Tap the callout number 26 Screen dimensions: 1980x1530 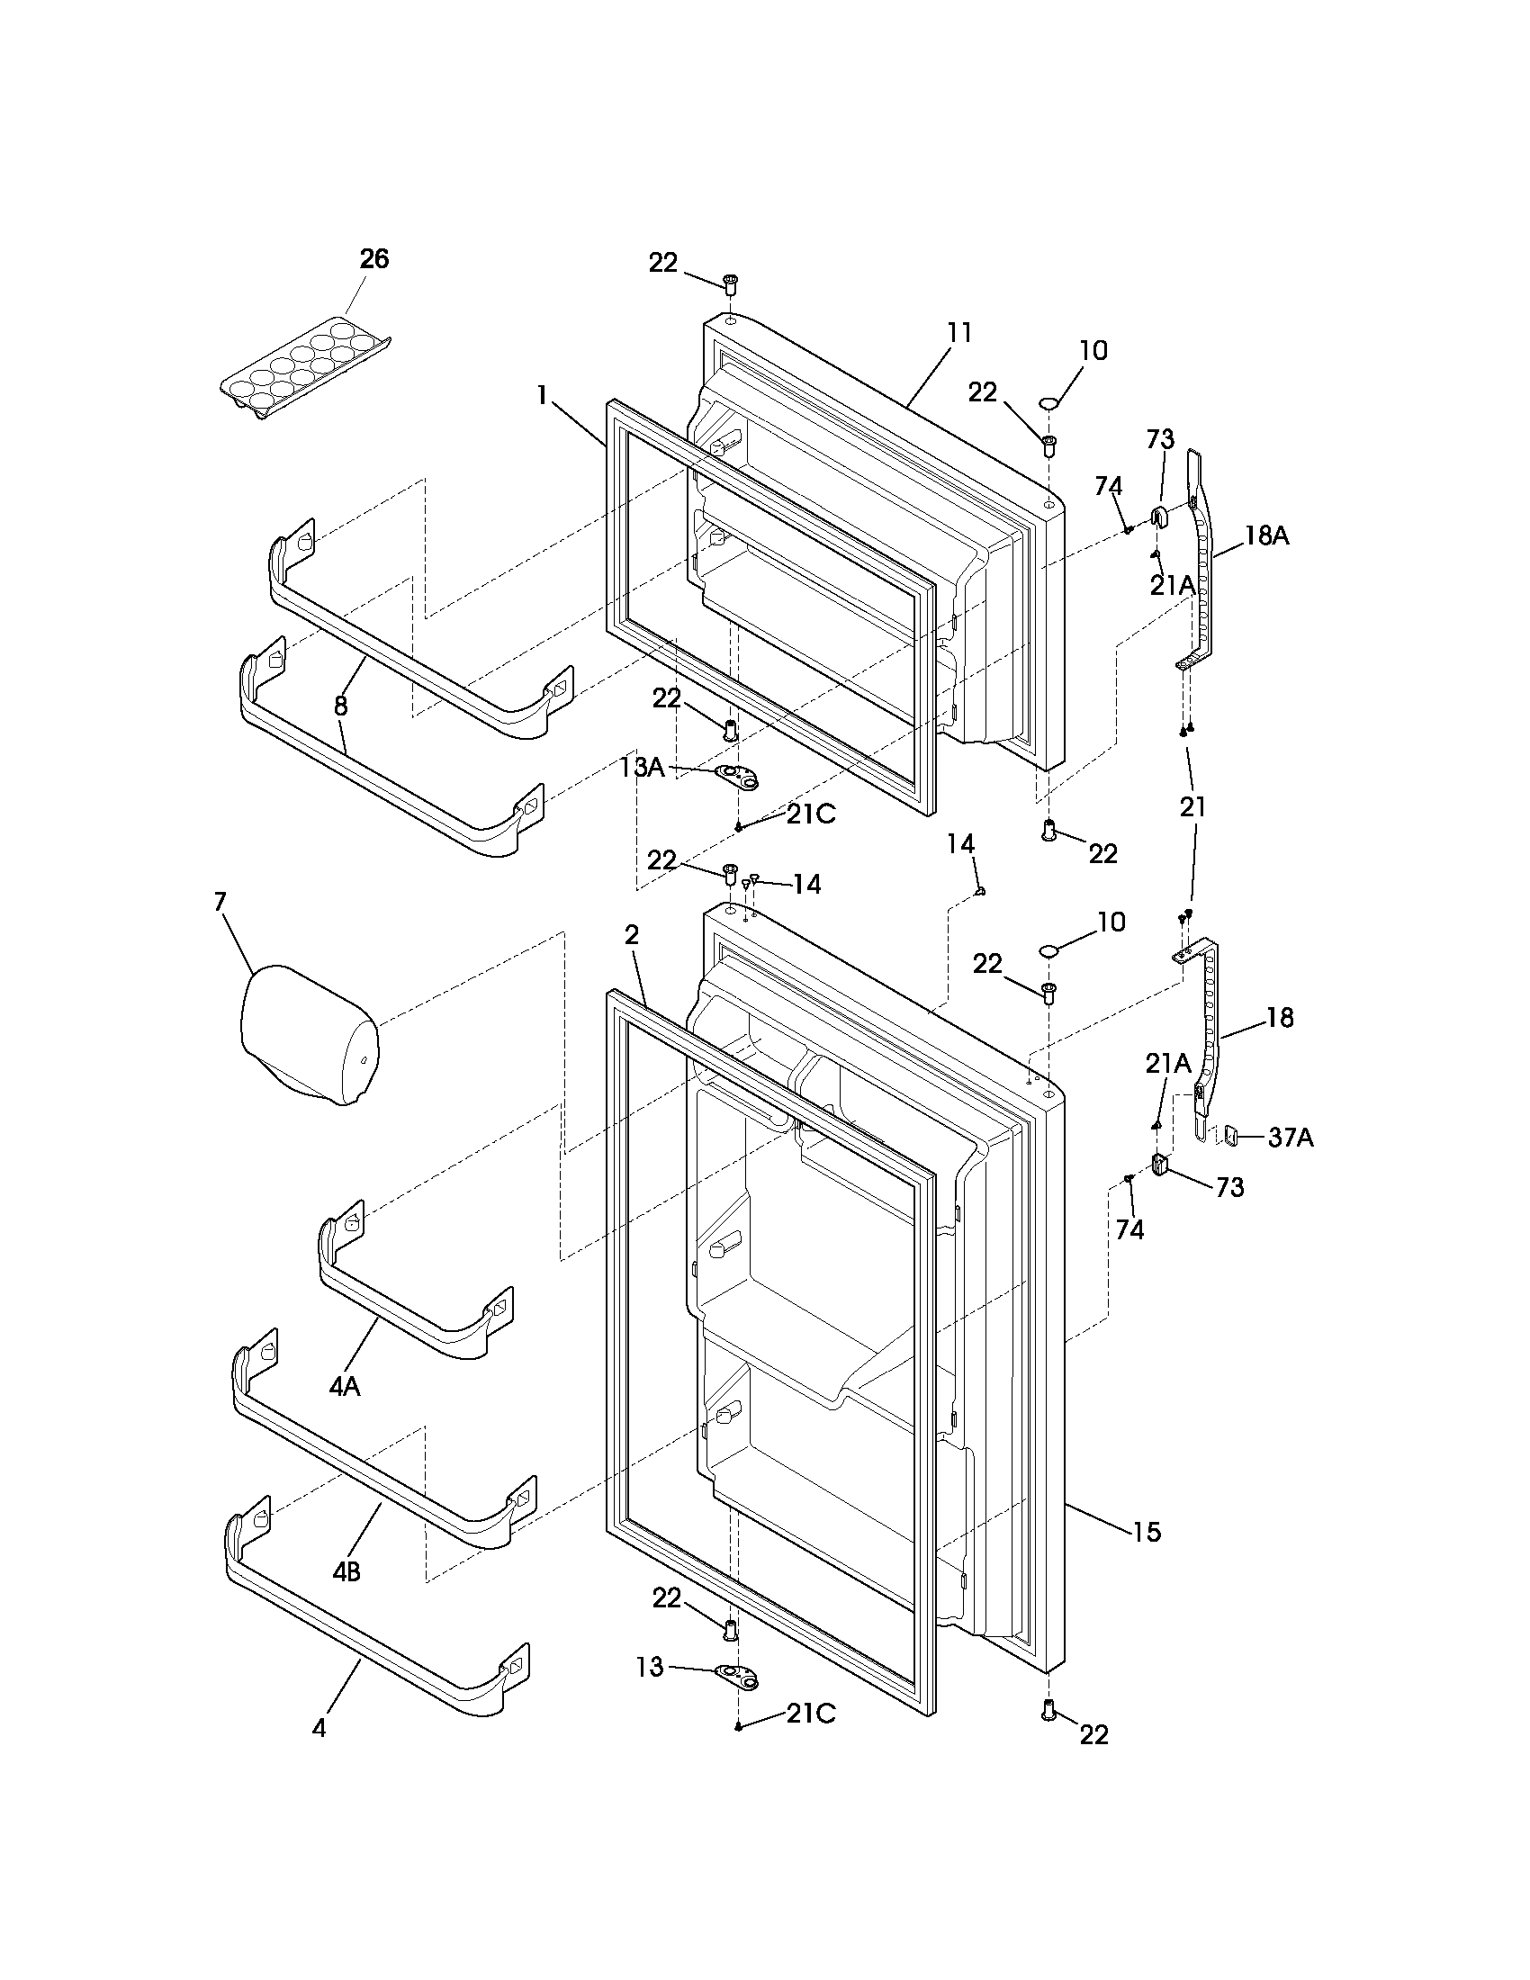tap(373, 259)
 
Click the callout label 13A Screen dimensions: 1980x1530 tap(643, 768)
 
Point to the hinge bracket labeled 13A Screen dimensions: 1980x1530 tap(737, 775)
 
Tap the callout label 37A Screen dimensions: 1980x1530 tap(1290, 1137)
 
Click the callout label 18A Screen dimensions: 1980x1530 tap(1266, 535)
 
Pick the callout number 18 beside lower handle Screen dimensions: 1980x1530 tap(1279, 1018)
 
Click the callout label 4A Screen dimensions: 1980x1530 tap(345, 1386)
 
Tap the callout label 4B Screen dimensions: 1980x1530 tap(346, 1571)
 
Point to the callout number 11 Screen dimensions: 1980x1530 tap(959, 333)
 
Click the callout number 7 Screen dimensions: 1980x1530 tap(220, 901)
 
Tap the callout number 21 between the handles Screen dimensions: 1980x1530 tap(1192, 806)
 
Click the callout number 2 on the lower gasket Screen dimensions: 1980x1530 tap(632, 936)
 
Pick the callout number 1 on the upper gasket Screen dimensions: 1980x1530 tap(542, 395)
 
